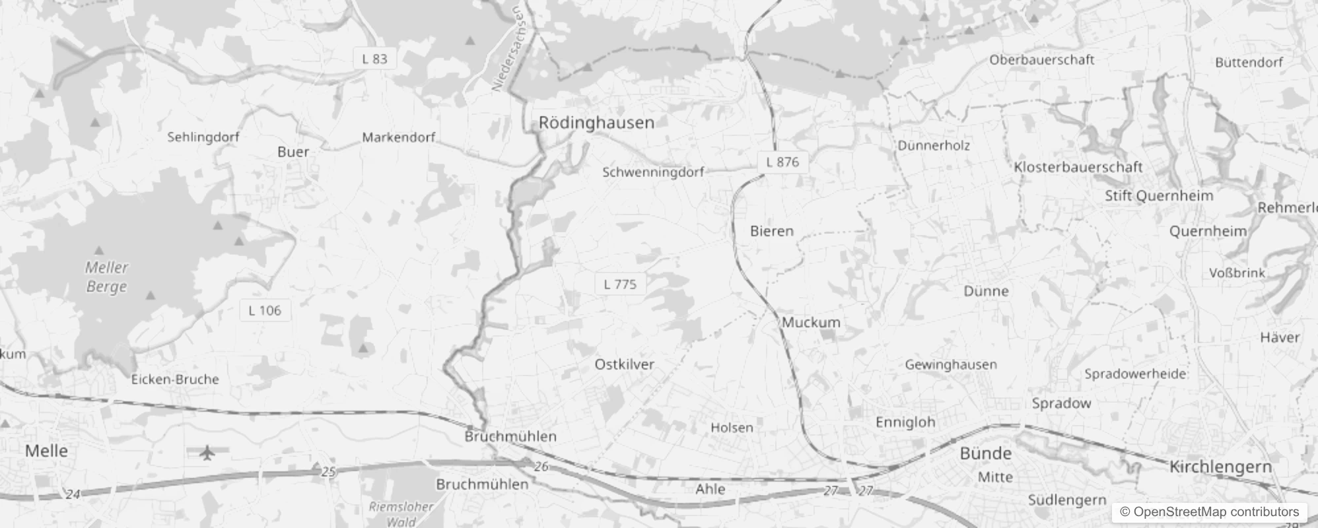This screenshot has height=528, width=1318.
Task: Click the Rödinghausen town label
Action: pyautogui.click(x=596, y=122)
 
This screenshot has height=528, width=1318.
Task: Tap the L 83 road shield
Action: pyautogui.click(x=374, y=59)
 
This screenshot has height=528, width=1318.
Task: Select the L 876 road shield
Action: pyautogui.click(x=782, y=162)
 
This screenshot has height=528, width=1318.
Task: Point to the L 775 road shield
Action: pyautogui.click(x=620, y=284)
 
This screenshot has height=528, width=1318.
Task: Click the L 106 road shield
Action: pyautogui.click(x=265, y=310)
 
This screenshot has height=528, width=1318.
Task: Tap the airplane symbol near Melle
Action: pyautogui.click(x=207, y=453)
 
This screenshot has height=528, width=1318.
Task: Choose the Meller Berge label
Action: pyautogui.click(x=106, y=277)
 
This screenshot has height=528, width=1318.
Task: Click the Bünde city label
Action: pyautogui.click(x=985, y=453)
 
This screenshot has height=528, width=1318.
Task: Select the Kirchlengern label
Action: pyautogui.click(x=1220, y=467)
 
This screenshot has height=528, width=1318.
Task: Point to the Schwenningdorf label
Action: pyautogui.click(x=653, y=172)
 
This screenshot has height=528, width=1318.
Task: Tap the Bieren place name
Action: pyautogui.click(x=771, y=231)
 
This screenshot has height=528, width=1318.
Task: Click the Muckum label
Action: pyautogui.click(x=811, y=323)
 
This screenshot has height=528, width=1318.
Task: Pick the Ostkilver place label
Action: pyautogui.click(x=624, y=364)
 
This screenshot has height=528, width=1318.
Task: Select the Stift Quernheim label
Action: pyautogui.click(x=1159, y=196)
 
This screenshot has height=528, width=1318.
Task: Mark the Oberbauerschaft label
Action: pyautogui.click(x=1041, y=60)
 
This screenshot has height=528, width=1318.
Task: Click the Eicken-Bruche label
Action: pyautogui.click(x=175, y=379)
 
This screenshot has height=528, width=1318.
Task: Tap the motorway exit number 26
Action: pyautogui.click(x=541, y=467)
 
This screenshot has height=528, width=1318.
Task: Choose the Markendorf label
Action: pyautogui.click(x=399, y=138)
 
